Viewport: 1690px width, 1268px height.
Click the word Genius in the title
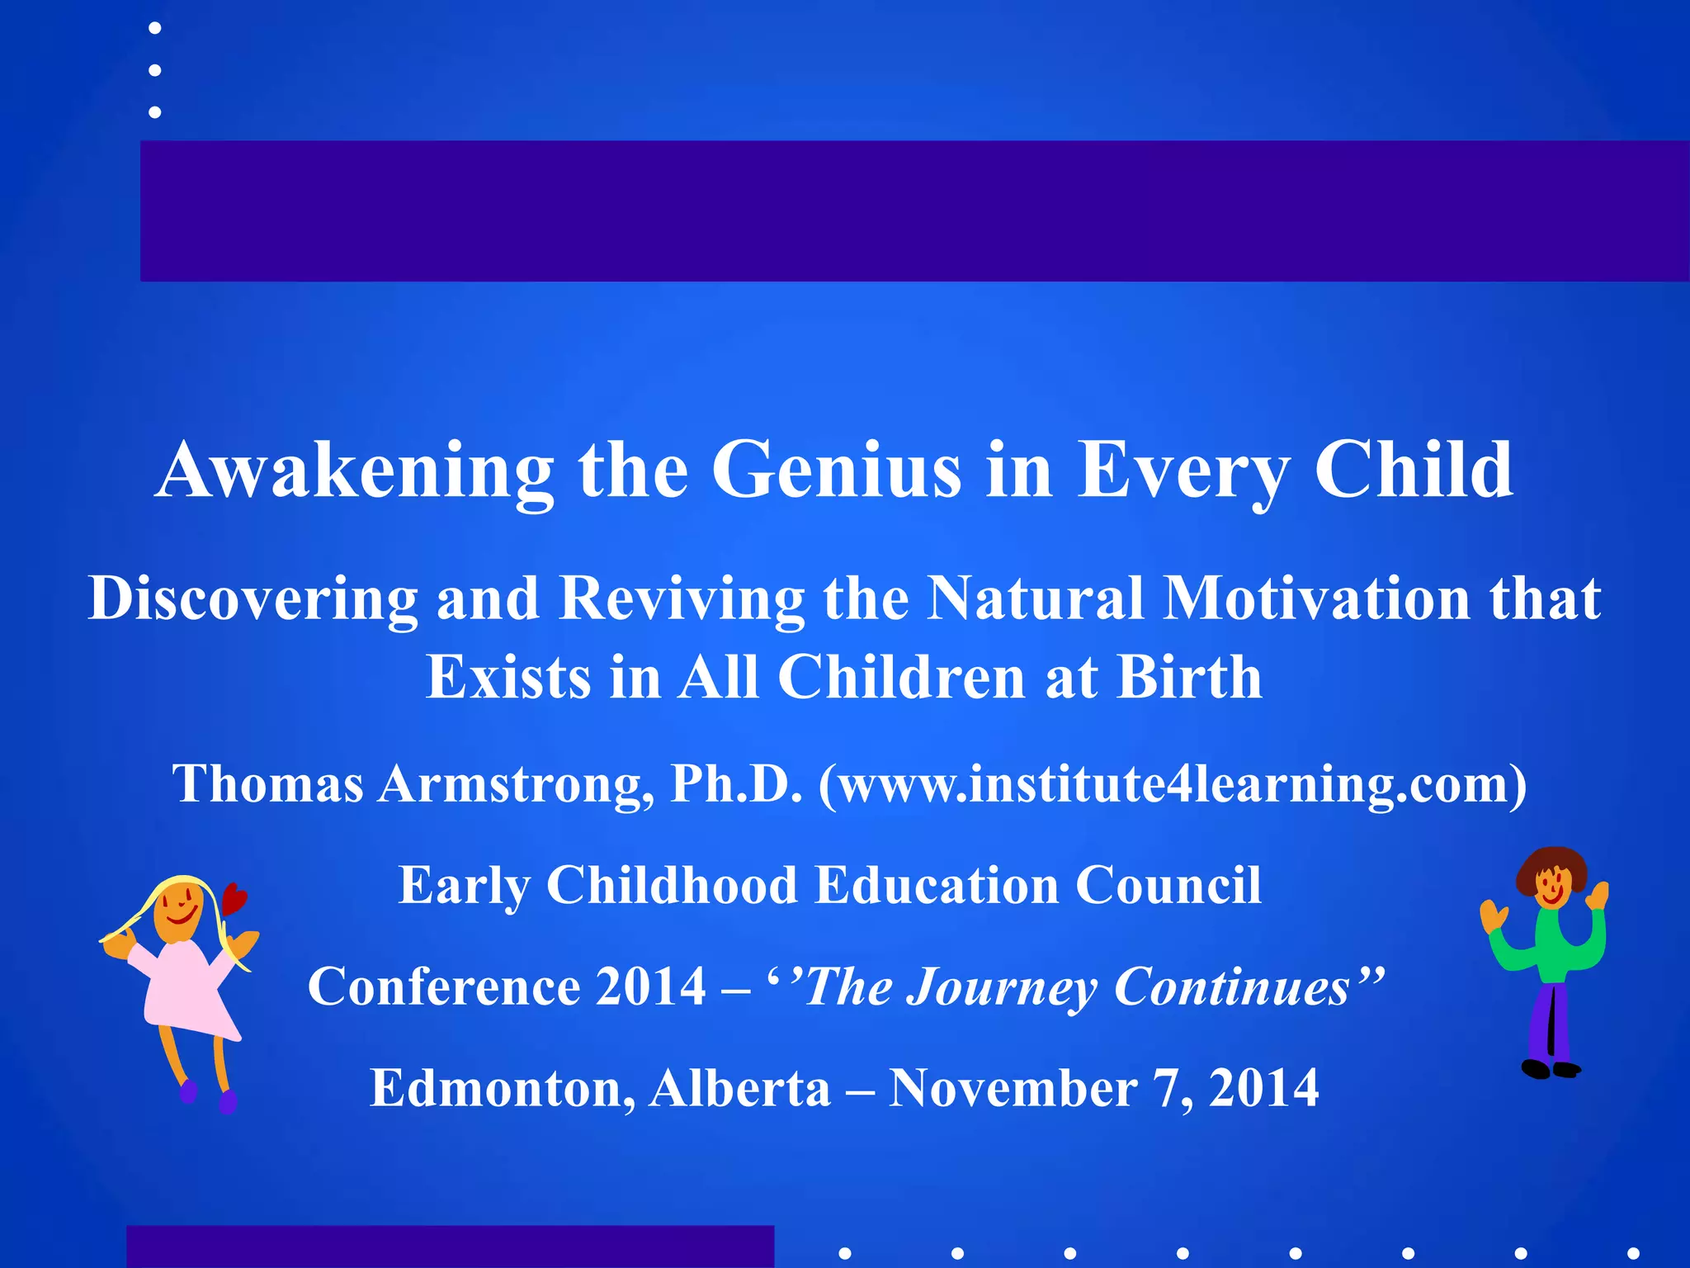[836, 471]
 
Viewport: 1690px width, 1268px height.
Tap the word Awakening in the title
[354, 471]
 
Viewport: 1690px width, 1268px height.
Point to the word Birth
[1189, 678]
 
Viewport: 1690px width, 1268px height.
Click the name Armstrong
[516, 783]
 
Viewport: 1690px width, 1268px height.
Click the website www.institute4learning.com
[1173, 783]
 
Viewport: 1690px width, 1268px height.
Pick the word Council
[1168, 885]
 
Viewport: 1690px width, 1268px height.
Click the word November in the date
[1013, 1088]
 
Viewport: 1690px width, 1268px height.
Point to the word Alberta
[739, 1088]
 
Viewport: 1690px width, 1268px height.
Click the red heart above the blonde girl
[234, 898]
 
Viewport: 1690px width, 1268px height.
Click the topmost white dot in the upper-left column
[154, 28]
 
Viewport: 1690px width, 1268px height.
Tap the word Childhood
[672, 885]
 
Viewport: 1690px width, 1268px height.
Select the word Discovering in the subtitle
[253, 598]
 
